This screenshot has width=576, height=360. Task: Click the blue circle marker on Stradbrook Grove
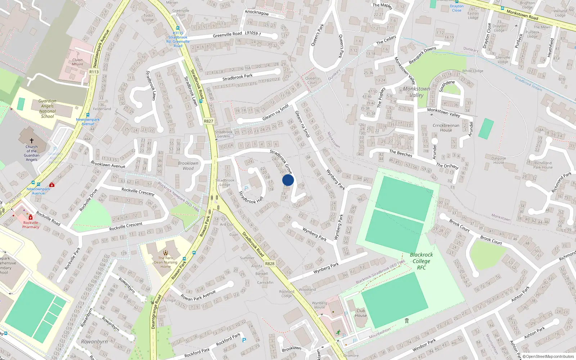[288, 180]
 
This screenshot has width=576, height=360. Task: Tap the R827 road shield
[208, 121]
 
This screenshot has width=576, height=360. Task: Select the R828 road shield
[270, 264]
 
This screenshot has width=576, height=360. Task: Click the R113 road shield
[94, 72]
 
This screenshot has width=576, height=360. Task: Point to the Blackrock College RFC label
[422, 261]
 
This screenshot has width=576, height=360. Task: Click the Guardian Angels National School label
[47, 109]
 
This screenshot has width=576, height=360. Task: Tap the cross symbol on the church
[32, 141]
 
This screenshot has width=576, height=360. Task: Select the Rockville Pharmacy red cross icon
[31, 217]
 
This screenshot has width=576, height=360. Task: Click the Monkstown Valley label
[417, 92]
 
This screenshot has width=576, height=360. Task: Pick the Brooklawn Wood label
[188, 166]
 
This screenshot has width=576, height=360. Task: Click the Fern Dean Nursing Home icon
[166, 253]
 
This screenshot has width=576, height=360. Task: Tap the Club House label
[361, 313]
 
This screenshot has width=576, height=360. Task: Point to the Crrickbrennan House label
[446, 128]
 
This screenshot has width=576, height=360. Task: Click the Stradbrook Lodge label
[225, 183]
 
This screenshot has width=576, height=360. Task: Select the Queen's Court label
[312, 80]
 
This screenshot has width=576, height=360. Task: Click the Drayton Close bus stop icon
[456, 2]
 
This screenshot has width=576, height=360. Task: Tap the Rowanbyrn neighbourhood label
[94, 342]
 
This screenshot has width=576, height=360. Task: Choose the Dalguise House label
[499, 160]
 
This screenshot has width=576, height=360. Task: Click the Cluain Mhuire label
[77, 62]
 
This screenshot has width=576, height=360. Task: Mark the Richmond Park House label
[543, 165]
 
